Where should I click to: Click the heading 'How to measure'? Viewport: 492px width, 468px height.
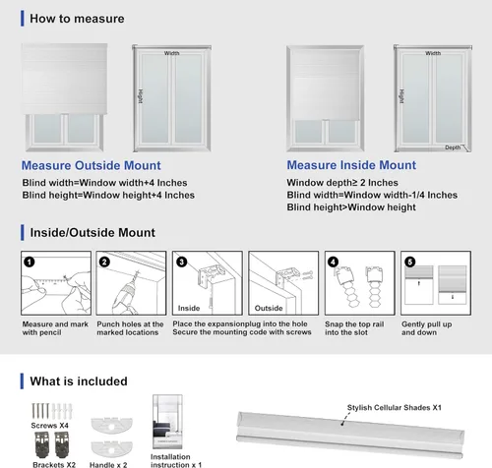(77, 19)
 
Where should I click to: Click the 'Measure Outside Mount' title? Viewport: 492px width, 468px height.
(92, 165)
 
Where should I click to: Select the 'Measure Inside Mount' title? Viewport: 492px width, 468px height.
(351, 165)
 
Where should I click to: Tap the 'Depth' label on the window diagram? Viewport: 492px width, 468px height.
(453, 147)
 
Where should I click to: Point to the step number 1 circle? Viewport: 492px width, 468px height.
(30, 263)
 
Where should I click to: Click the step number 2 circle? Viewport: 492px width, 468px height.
(104, 263)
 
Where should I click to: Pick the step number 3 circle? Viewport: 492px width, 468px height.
(181, 263)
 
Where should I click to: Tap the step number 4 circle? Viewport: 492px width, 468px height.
(333, 263)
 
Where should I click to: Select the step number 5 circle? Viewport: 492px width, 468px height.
(409, 263)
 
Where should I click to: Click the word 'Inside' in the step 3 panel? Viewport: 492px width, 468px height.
(189, 308)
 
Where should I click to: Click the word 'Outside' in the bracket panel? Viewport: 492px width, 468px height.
(269, 308)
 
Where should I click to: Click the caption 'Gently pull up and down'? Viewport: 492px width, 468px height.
(426, 328)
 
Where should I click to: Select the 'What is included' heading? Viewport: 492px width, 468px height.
(79, 381)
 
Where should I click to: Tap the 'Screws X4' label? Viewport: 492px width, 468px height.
(49, 426)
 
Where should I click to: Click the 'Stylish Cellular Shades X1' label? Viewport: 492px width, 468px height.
(395, 408)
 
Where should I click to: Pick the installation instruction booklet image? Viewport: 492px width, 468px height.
(167, 422)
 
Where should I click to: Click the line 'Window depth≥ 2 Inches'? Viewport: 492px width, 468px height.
(342, 183)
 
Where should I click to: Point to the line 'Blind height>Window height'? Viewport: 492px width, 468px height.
(351, 207)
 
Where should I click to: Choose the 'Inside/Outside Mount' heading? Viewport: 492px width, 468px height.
(92, 233)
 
